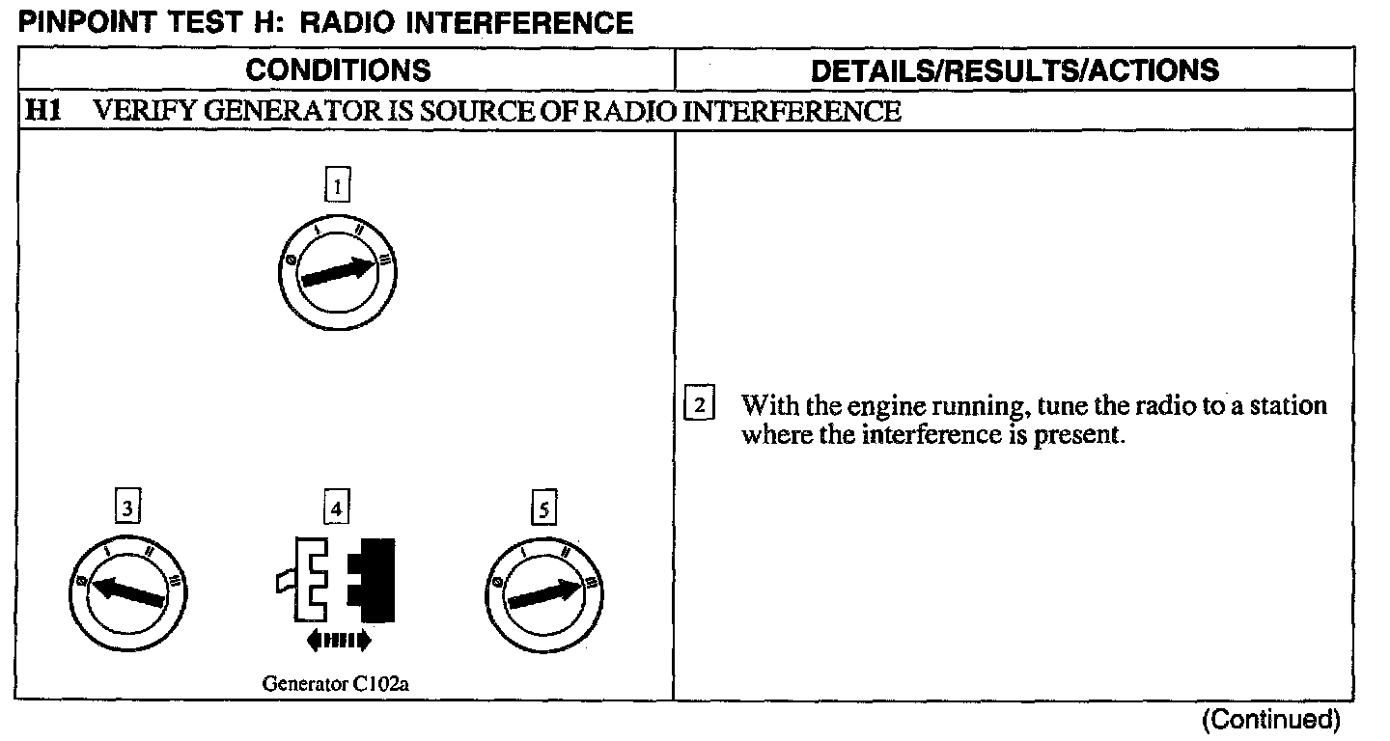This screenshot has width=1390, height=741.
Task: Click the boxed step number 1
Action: coord(337,184)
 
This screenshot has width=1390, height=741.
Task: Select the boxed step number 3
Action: coord(126,508)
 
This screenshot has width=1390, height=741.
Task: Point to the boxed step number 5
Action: coord(543,508)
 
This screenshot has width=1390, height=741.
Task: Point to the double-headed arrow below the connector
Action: coord(338,639)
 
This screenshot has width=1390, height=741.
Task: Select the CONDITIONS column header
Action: coord(338,69)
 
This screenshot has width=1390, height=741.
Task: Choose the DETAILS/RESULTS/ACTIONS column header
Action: coord(1015,69)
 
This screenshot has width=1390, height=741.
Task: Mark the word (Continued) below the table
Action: coord(1270,720)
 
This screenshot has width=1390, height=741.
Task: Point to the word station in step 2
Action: coord(1289,405)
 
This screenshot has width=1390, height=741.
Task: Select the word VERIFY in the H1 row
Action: coord(136,111)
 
